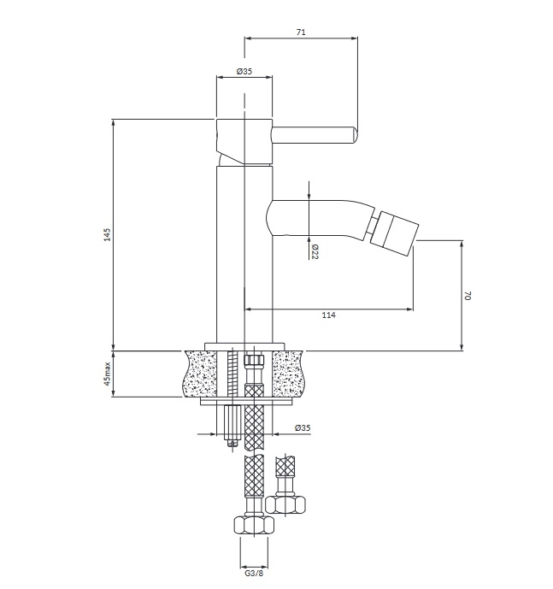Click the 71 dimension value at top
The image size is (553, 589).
pyautogui.click(x=301, y=32)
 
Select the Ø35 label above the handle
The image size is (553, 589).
pyautogui.click(x=244, y=71)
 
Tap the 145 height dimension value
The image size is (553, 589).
pyautogui.click(x=108, y=234)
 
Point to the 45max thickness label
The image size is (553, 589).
pyautogui.click(x=108, y=374)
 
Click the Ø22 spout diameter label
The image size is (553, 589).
pyautogui.click(x=315, y=251)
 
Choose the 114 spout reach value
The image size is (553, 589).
pyautogui.click(x=329, y=315)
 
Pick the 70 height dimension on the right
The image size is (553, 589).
pyautogui.click(x=468, y=295)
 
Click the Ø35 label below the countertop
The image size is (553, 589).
pyautogui.click(x=303, y=427)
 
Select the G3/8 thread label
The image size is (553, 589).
pyautogui.click(x=254, y=574)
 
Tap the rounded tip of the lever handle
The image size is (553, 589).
pyautogui.click(x=354, y=135)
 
